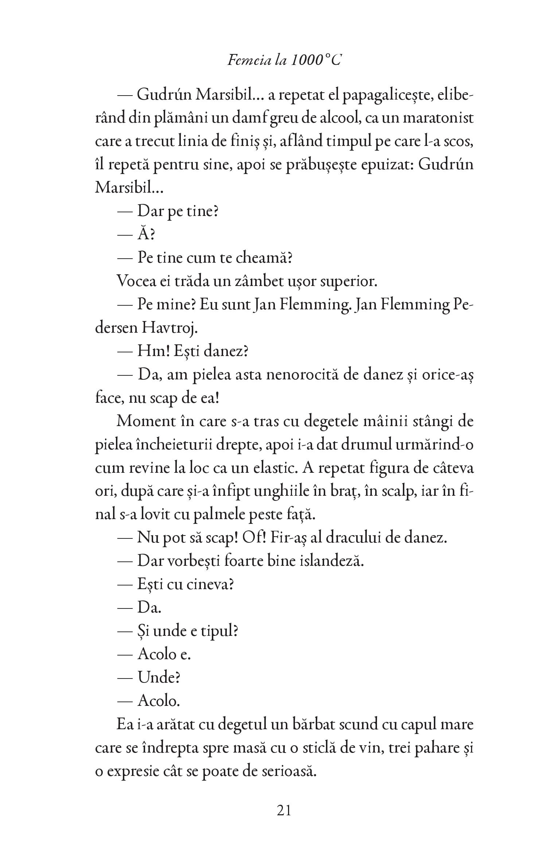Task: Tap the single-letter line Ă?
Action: [146, 235]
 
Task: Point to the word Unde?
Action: [159, 677]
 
